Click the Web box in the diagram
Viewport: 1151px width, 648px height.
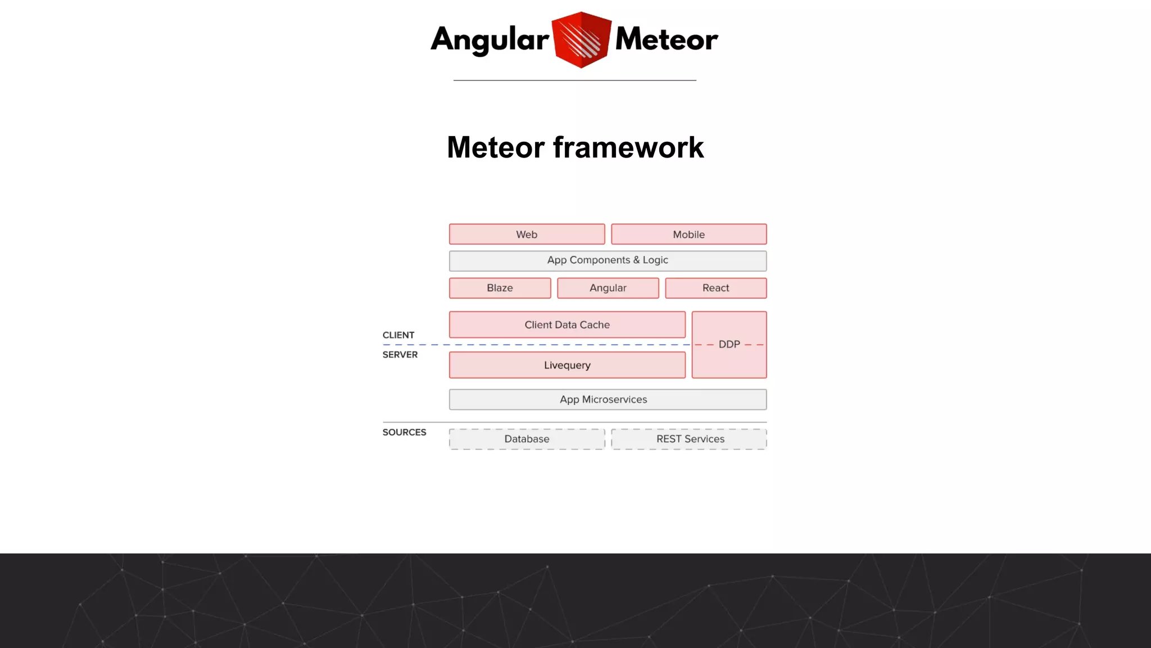(527, 234)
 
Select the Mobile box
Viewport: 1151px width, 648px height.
(688, 234)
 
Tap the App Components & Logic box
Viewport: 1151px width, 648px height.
(608, 260)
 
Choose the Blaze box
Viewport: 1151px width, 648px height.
(500, 288)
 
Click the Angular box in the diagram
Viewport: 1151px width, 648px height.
(608, 288)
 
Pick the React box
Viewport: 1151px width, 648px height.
(715, 288)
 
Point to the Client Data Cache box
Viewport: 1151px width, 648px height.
(567, 325)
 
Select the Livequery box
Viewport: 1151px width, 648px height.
(567, 365)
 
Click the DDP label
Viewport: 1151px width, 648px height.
(729, 344)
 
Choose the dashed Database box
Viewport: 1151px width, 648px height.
(527, 439)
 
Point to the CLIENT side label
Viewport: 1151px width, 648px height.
(398, 335)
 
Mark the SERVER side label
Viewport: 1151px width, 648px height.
(400, 355)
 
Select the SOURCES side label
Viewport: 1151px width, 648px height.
(404, 433)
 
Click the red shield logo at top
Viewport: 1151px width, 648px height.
(581, 39)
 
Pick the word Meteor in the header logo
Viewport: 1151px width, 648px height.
(667, 39)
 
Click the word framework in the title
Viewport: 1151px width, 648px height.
(628, 147)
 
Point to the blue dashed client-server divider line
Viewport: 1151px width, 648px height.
(534, 344)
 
